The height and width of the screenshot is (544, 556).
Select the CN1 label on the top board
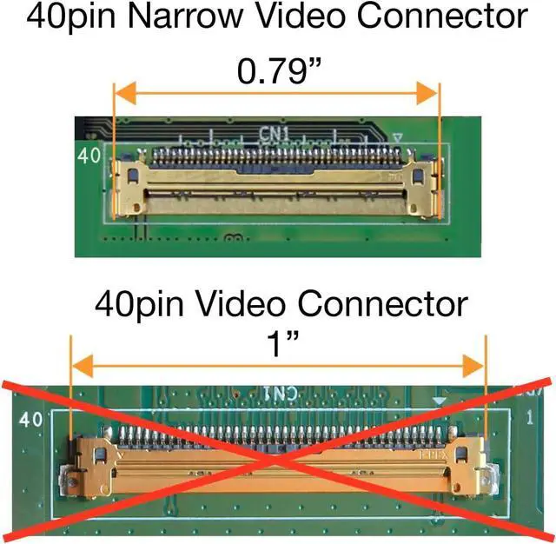click(276, 135)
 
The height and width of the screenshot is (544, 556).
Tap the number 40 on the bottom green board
click(31, 420)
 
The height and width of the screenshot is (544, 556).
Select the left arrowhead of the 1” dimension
click(76, 366)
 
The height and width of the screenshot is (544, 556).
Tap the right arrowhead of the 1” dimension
click(479, 366)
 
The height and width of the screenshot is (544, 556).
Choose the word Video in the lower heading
click(247, 305)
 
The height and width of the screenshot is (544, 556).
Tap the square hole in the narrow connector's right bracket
click(420, 175)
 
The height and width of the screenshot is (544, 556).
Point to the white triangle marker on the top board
click(398, 137)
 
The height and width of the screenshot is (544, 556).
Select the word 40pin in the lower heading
click(136, 305)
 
